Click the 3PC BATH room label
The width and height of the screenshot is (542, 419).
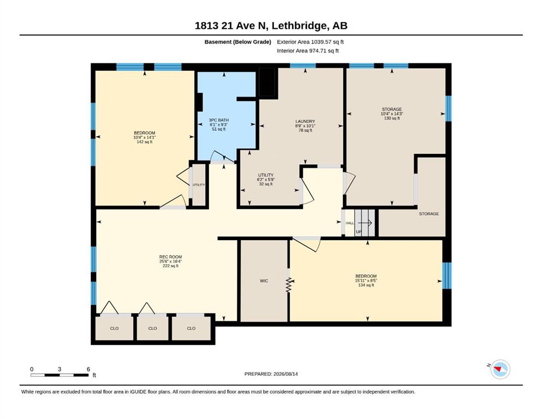click(219, 124)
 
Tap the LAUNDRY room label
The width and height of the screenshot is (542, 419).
click(305, 125)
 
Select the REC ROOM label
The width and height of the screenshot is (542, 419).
click(170, 261)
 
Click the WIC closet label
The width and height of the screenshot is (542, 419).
click(264, 281)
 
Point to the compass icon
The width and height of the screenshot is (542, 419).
click(500, 369)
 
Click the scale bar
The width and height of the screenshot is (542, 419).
click(59, 375)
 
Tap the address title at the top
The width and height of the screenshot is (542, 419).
click(271, 26)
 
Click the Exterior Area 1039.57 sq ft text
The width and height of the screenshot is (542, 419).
click(310, 42)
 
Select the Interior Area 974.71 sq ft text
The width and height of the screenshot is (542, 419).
click(308, 50)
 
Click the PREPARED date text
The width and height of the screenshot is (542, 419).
click(271, 374)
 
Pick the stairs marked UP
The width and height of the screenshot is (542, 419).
click(365, 223)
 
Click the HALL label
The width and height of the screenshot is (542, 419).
click(350, 223)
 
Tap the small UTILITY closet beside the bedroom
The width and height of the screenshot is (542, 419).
click(199, 185)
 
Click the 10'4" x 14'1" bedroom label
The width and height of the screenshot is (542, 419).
click(145, 137)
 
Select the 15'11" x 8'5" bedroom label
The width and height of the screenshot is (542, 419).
click(366, 280)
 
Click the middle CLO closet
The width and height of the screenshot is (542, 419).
click(152, 328)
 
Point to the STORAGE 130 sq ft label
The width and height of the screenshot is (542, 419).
click(392, 113)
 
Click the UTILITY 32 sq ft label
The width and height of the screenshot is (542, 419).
click(265, 179)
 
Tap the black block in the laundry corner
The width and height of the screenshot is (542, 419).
click(267, 82)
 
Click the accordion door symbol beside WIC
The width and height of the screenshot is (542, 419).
click(289, 280)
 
